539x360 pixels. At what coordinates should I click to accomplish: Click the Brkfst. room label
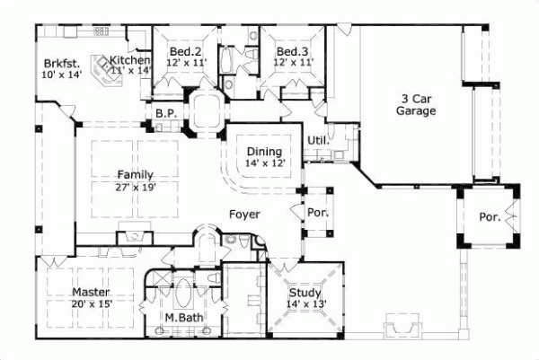pyautogui.click(x=59, y=64)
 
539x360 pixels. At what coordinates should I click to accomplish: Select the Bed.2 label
pyautogui.click(x=184, y=52)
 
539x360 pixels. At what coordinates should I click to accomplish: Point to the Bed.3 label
pyautogui.click(x=293, y=52)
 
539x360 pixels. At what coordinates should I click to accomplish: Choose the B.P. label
pyautogui.click(x=164, y=114)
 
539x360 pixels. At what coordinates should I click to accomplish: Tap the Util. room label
pyautogui.click(x=318, y=141)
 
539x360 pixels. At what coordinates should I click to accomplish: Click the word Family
pyautogui.click(x=135, y=174)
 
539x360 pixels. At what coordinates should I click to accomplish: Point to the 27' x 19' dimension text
pyautogui.click(x=135, y=186)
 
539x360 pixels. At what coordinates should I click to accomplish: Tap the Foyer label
pyautogui.click(x=245, y=215)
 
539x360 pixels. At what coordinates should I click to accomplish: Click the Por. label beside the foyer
pyautogui.click(x=317, y=215)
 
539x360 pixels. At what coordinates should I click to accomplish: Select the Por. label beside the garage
pyautogui.click(x=489, y=217)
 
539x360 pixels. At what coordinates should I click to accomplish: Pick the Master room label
pyautogui.click(x=91, y=293)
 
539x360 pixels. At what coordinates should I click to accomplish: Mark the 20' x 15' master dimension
pyautogui.click(x=91, y=304)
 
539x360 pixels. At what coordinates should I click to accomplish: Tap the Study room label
pyautogui.click(x=305, y=292)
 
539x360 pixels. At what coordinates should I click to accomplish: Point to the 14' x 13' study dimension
pyautogui.click(x=305, y=303)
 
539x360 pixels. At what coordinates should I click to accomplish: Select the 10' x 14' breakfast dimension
pyautogui.click(x=61, y=75)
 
